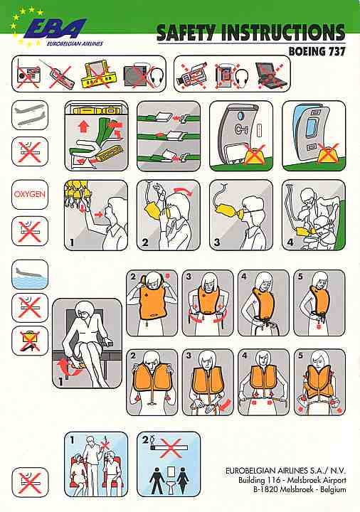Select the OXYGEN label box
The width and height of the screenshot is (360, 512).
(30, 194)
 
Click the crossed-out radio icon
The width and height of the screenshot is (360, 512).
(28, 76)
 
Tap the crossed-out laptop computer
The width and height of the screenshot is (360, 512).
(272, 75)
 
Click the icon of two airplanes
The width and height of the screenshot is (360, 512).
(30, 115)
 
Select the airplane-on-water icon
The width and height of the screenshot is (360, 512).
(30, 274)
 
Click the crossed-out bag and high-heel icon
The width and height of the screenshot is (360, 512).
(30, 341)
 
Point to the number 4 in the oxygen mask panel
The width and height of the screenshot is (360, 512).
(290, 242)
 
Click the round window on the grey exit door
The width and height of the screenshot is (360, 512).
(240, 116)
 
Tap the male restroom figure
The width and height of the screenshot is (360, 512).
(157, 480)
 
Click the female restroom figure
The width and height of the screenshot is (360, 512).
(182, 480)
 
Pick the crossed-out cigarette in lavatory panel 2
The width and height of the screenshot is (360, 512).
(170, 448)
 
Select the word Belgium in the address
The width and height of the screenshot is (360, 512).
(333, 489)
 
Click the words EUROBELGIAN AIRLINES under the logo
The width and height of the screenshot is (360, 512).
(75, 43)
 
